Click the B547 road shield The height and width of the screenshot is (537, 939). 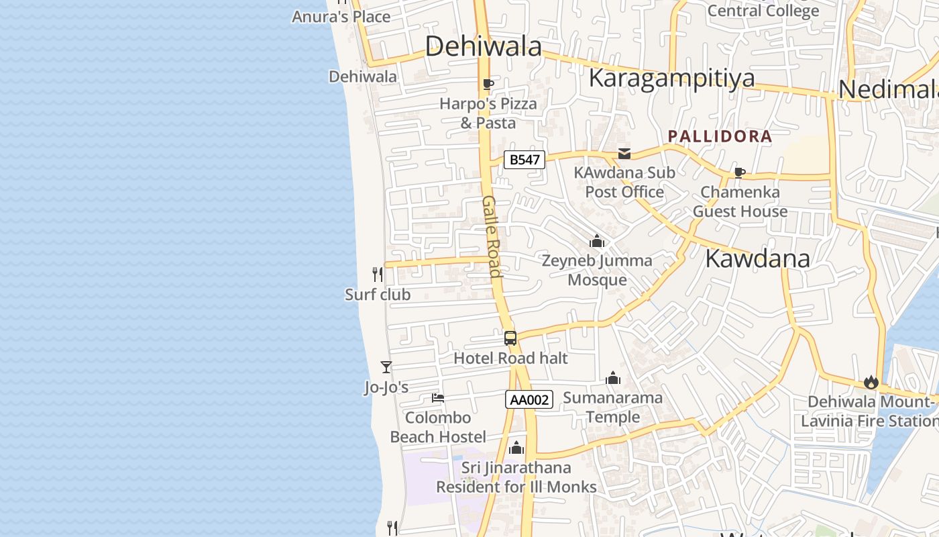524,160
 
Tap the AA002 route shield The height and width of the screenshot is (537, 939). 529,400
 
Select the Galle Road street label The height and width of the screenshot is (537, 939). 492,236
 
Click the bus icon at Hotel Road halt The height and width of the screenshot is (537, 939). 510,338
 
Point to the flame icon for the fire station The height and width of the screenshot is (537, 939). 871,383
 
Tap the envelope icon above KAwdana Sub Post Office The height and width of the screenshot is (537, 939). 624,154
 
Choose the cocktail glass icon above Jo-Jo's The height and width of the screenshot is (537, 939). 386,367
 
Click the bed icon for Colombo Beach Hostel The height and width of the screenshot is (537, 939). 438,398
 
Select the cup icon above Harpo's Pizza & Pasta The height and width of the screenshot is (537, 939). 488,85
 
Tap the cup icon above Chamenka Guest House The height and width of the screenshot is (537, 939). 740,173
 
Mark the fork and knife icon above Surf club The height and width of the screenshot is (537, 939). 378,275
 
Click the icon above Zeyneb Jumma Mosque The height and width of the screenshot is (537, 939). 597,241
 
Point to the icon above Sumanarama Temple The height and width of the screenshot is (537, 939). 613,379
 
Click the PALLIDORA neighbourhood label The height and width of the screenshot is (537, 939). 720,136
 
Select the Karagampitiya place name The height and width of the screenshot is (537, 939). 671,79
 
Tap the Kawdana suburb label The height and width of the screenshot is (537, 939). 757,258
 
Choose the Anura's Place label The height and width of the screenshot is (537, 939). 341,17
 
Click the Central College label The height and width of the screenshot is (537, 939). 763,11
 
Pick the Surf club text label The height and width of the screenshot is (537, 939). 378,295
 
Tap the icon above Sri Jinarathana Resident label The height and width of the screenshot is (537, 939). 516,448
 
